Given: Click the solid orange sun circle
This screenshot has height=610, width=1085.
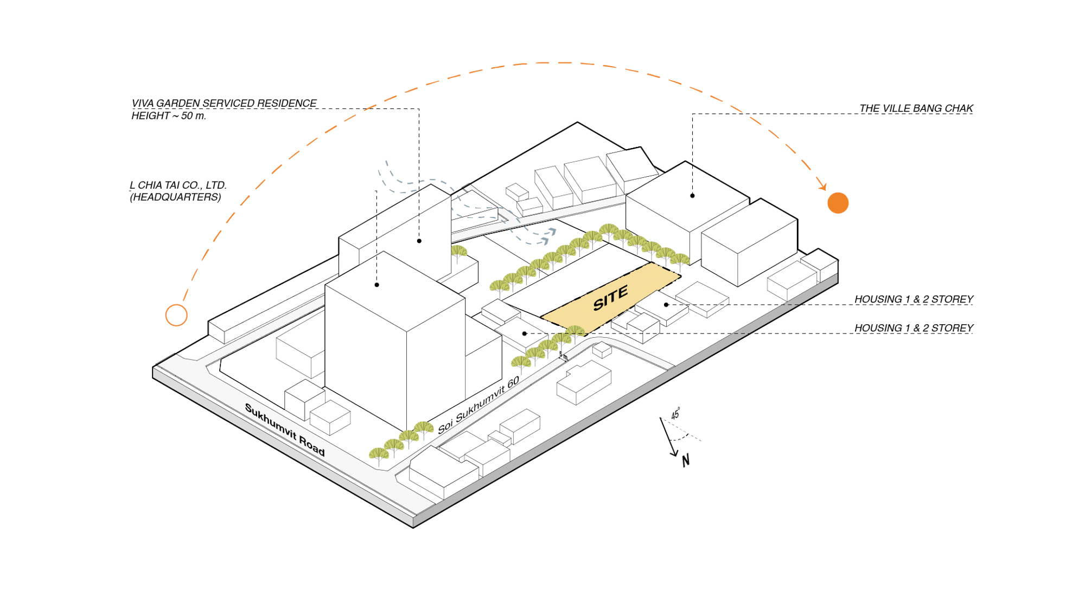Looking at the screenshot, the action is coord(838,203).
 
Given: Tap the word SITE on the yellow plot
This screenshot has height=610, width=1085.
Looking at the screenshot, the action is coord(611,298).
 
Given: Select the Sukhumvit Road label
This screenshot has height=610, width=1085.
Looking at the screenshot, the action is coord(285,430).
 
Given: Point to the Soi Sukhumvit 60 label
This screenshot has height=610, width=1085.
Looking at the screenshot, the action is coord(478,404).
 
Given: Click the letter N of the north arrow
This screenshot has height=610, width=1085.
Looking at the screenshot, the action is coord(686,461).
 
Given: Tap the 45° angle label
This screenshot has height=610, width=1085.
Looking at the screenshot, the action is coord(675,414).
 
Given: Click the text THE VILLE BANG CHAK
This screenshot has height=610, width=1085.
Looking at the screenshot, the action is coord(916,108).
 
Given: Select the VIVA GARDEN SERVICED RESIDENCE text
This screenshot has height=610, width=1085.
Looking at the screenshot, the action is coord(224,103).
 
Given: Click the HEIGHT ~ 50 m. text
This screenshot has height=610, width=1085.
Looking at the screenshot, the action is coord(169,115).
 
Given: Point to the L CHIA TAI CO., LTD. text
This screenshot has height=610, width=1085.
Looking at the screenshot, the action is coord(178,185).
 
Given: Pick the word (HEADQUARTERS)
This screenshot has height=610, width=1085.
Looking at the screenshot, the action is coord(175,197).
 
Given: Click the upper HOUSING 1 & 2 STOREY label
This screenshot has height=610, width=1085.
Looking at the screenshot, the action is coord(914,299).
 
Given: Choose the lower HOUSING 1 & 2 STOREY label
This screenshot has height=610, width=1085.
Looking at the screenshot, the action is coord(914,328).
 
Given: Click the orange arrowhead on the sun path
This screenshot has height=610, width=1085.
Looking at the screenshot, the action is coord(822,187).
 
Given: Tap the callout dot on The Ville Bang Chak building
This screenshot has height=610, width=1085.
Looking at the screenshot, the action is coord(692,196).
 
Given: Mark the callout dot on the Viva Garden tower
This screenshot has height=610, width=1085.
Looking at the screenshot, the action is coord(419,241).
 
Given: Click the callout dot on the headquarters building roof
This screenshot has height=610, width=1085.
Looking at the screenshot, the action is coord(377,285).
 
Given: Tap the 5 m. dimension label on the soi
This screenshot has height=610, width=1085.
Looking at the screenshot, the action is coord(564,356).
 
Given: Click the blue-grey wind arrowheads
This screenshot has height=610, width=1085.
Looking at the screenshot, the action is coord(548,236).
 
